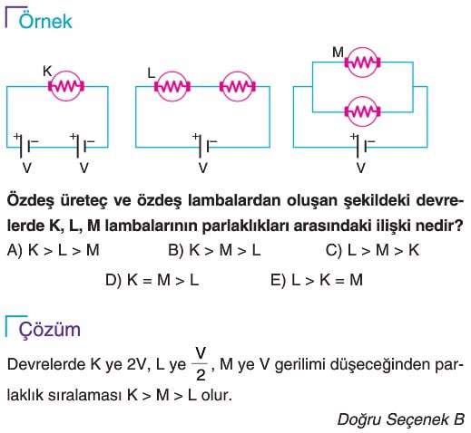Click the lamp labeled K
(66, 86)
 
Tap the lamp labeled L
(172, 86)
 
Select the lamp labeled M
(362, 63)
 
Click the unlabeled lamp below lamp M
(362, 111)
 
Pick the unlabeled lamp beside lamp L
(238, 86)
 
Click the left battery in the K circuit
(25, 145)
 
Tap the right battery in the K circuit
(82, 145)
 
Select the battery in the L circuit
(204, 145)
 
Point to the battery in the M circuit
(362, 145)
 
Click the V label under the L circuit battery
(203, 168)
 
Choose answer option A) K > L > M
(54, 250)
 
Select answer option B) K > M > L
(214, 250)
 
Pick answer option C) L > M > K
(372, 250)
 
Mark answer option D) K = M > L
(152, 280)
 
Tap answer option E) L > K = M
(317, 280)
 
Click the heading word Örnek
(45, 21)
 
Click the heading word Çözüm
(50, 330)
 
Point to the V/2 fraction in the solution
(201, 364)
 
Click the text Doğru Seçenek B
(401, 419)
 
